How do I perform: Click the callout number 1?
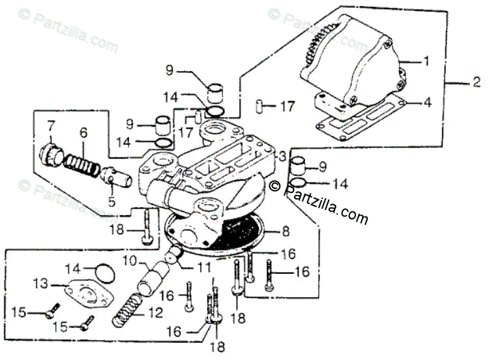pyautogui.click(x=426, y=62)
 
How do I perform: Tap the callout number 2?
pyautogui.click(x=477, y=82)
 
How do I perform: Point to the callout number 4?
pyautogui.click(x=426, y=102)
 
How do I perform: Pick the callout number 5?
pyautogui.click(x=112, y=202)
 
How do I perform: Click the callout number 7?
pyautogui.click(x=50, y=125)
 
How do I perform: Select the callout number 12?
pyautogui.click(x=155, y=313)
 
